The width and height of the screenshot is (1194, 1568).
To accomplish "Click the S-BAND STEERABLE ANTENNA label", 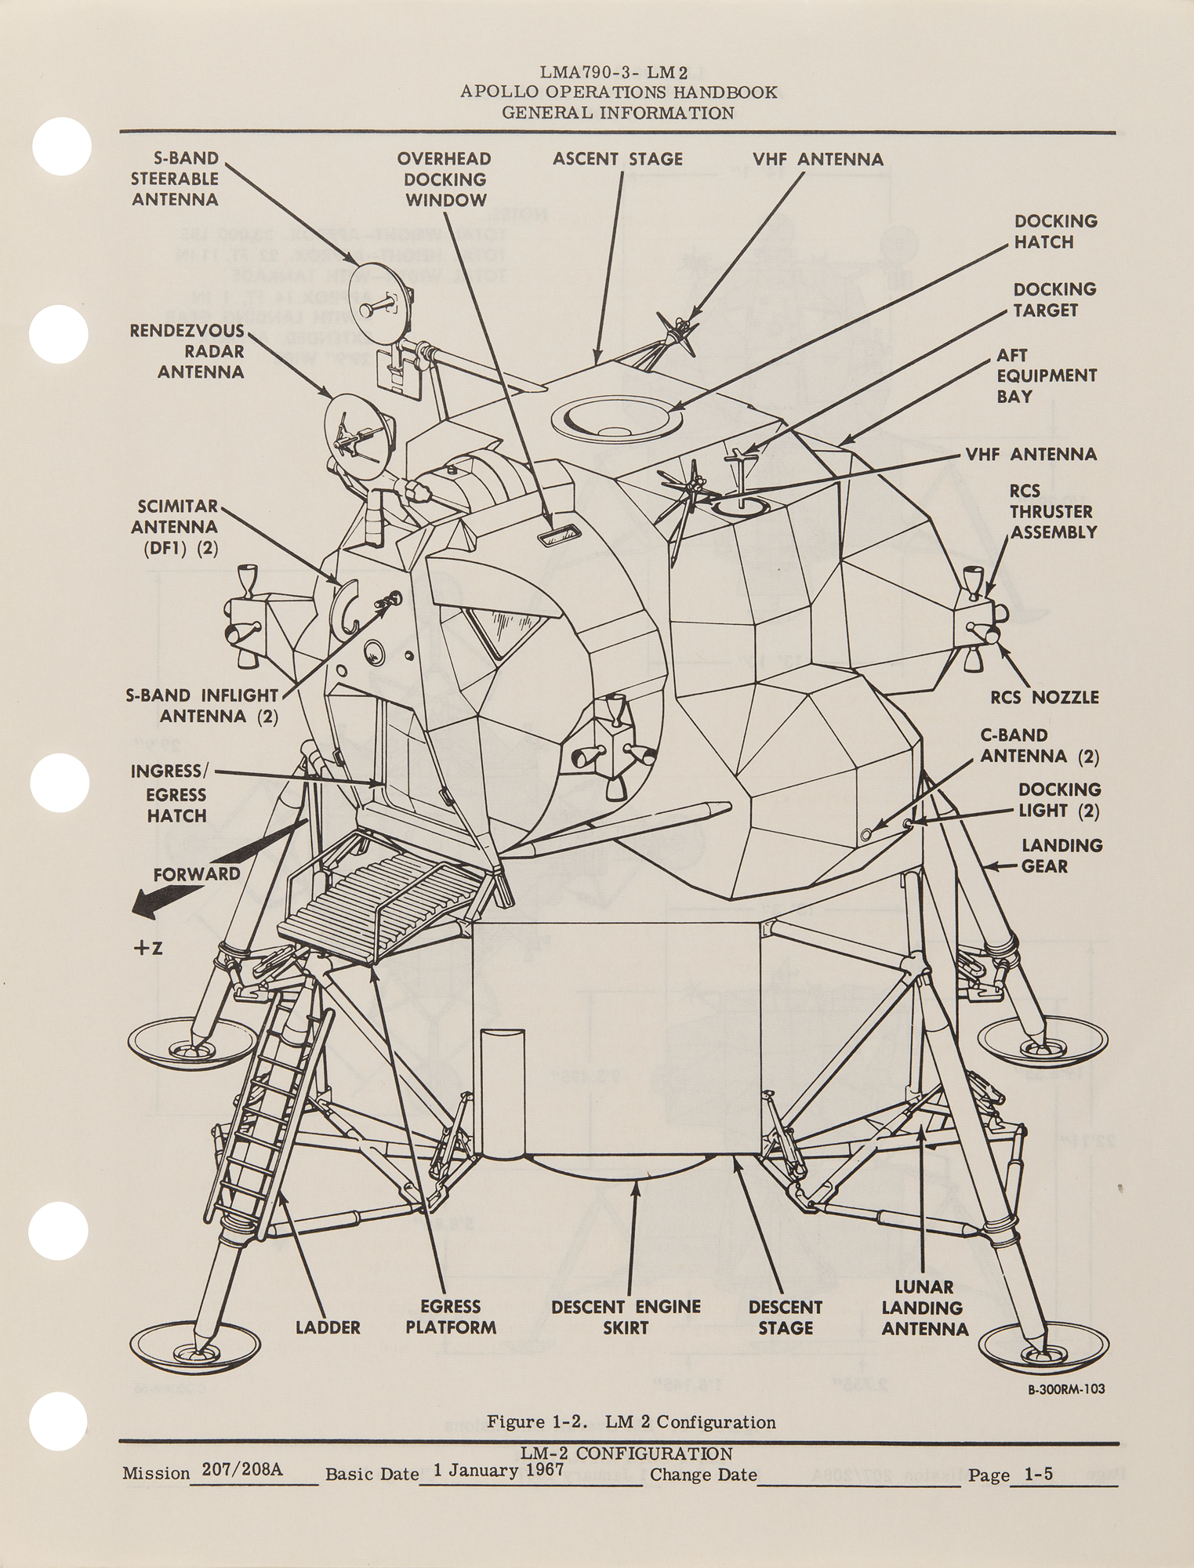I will point(174,180).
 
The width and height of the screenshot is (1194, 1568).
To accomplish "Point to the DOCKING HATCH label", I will point(1054,231).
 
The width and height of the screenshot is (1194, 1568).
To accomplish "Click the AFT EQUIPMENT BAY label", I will point(1046,376).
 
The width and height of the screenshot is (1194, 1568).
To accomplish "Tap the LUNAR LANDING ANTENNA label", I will point(924,1308).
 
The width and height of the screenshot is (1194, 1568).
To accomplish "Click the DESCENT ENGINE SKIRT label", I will point(625,1317).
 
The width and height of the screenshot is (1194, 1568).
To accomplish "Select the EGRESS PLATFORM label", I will point(450,1317).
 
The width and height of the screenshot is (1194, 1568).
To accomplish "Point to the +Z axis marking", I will point(147,948).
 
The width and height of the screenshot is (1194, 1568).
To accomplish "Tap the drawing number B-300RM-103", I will point(1067,1388).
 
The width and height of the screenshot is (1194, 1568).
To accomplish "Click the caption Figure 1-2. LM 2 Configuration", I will point(631,1422).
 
